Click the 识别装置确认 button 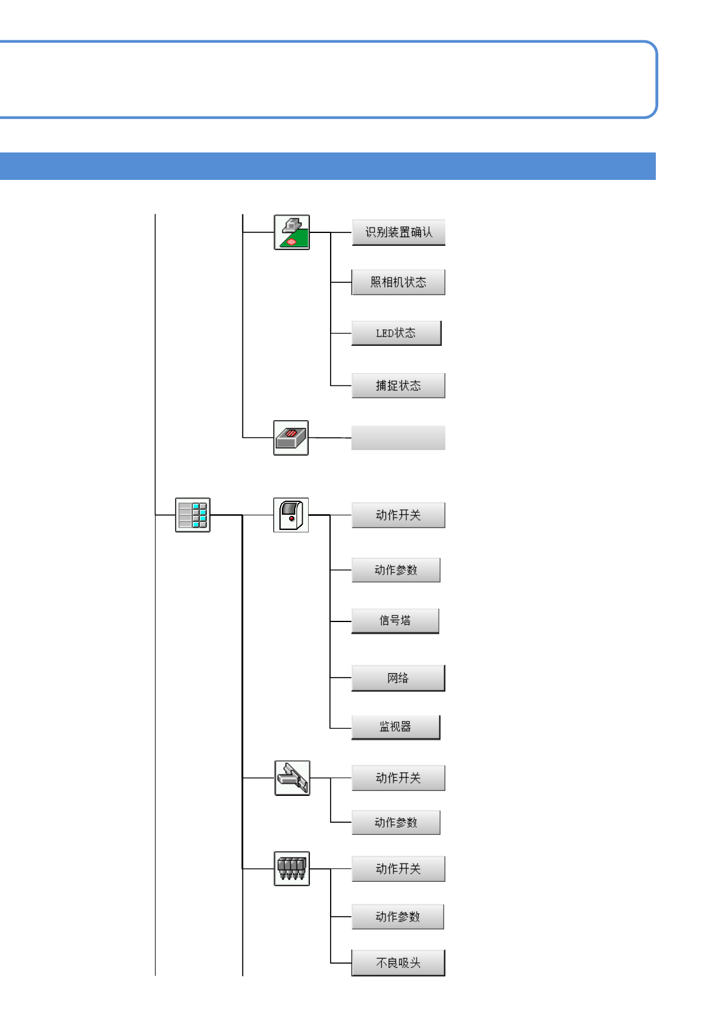click(x=398, y=232)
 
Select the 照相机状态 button click(x=398, y=282)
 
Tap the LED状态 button click(x=396, y=333)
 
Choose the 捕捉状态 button click(x=398, y=385)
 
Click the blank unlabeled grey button click(x=398, y=438)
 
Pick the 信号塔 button click(x=395, y=621)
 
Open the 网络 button click(x=398, y=678)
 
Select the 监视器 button click(x=395, y=727)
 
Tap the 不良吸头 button click(x=398, y=963)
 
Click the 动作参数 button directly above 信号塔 click(x=396, y=570)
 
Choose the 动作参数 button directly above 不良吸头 click(x=398, y=917)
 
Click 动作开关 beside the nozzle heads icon click(x=398, y=869)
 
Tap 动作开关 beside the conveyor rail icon click(x=398, y=778)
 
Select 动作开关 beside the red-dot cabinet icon click(x=398, y=515)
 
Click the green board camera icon click(x=292, y=232)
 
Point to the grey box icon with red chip click(x=291, y=438)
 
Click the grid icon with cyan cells click(x=193, y=515)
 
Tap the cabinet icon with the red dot click(x=291, y=515)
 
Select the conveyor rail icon click(x=292, y=778)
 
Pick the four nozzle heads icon click(x=292, y=869)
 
